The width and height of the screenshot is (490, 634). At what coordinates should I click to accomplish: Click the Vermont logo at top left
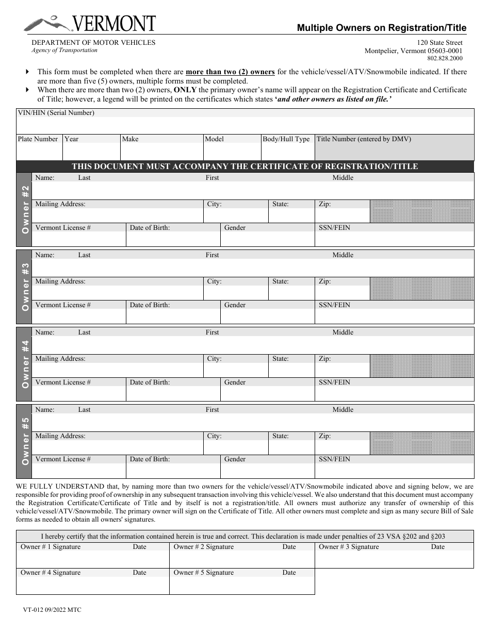click(x=89, y=24)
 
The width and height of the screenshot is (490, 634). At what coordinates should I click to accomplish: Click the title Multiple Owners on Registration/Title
click(x=381, y=28)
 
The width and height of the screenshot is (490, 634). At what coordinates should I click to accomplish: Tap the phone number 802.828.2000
click(x=445, y=59)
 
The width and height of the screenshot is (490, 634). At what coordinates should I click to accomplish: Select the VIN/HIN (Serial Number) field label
click(x=56, y=113)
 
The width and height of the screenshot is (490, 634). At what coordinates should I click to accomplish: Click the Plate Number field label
click(x=38, y=139)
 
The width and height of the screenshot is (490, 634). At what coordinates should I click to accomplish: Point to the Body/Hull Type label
click(x=286, y=139)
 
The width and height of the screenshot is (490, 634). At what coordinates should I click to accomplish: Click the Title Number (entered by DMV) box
click(x=394, y=147)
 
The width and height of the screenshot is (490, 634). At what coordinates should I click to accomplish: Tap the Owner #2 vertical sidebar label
click(x=24, y=209)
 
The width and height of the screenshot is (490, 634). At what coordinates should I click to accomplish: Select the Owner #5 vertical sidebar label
click(x=24, y=441)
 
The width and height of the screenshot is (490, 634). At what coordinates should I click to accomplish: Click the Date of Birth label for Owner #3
click(x=150, y=305)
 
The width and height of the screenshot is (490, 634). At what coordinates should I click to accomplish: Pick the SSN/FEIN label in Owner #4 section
click(x=334, y=382)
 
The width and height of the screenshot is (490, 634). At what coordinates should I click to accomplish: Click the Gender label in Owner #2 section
click(x=235, y=228)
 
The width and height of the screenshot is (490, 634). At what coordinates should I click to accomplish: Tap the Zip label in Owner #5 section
click(x=324, y=436)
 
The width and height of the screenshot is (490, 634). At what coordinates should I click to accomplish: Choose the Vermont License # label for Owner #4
click(x=63, y=382)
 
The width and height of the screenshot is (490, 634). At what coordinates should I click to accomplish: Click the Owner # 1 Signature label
click(x=51, y=547)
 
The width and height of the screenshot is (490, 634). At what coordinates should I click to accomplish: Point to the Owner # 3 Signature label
click(x=349, y=547)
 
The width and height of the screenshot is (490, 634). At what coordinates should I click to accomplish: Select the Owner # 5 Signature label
click(x=204, y=573)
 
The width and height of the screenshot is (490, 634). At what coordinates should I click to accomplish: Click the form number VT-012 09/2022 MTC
click(x=52, y=610)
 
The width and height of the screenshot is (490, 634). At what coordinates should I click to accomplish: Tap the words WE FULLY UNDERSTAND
click(x=54, y=486)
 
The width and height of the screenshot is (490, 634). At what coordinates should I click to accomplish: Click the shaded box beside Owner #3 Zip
click(x=422, y=289)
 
